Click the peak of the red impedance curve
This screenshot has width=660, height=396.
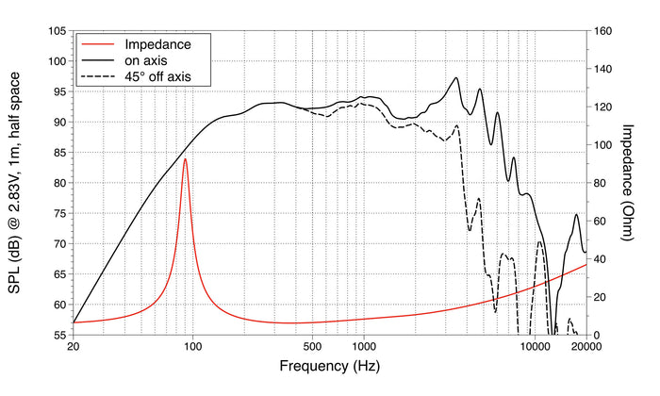pos(185,158)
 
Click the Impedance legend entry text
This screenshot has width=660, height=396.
pos(157,44)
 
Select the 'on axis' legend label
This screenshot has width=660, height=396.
pos(145,60)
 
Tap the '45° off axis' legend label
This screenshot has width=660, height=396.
pos(157,76)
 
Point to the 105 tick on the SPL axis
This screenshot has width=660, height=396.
pos(58,31)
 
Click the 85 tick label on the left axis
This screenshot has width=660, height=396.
pos(59,153)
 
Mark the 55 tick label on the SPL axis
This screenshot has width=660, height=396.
pos(59,335)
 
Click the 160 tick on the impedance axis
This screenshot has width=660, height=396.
pos(602,31)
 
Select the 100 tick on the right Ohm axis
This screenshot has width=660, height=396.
pos(602,145)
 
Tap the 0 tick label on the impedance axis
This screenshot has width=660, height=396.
pos(597,336)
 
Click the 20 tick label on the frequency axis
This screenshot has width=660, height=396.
pos(74,347)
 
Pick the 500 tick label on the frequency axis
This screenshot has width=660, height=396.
pos(312,347)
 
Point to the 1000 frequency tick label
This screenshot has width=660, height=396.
pos(364,347)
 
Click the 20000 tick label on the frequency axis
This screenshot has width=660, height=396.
pos(586,347)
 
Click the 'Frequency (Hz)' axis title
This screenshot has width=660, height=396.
pos(330,366)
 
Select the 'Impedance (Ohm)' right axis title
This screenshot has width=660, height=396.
pos(627,183)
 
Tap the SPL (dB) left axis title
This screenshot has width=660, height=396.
pos(14,183)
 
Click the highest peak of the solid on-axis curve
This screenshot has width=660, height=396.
pos(455,77)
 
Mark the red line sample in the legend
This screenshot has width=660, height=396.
pos(98,44)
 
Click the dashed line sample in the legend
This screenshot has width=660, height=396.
pos(98,76)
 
